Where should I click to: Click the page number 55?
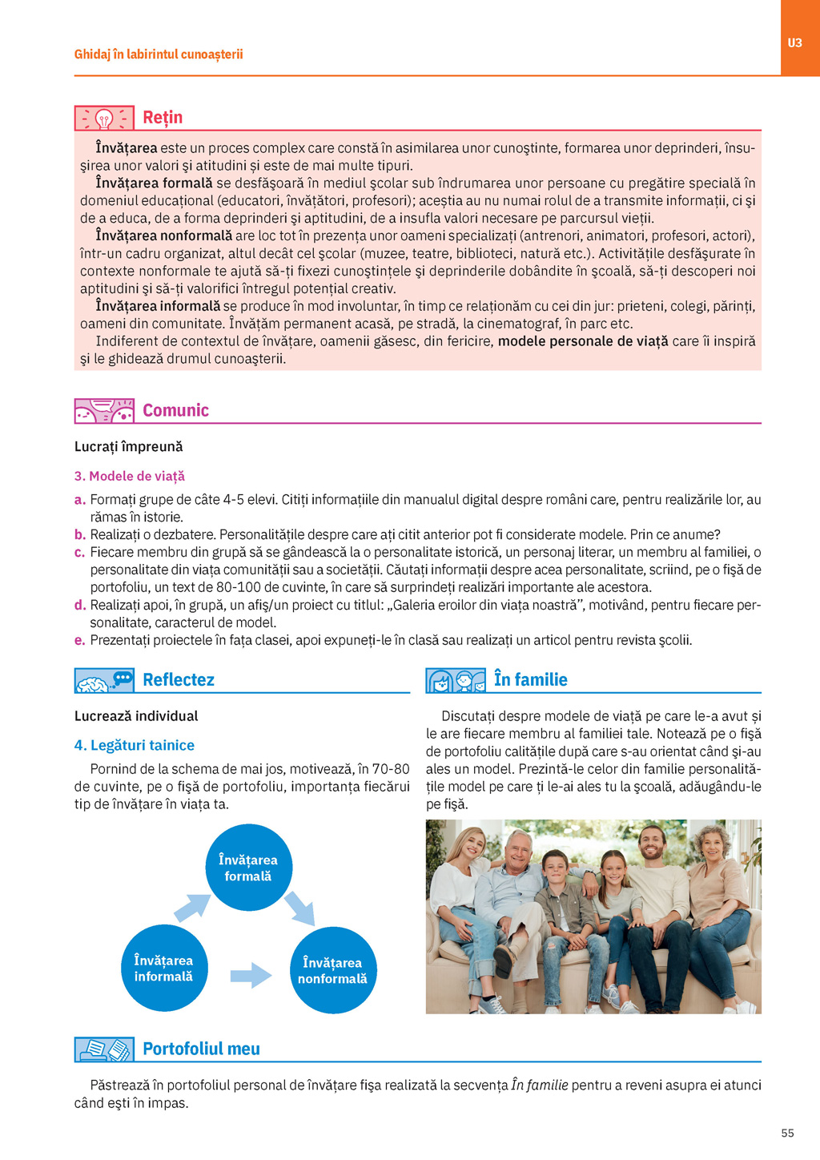787,1133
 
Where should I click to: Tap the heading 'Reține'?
163,118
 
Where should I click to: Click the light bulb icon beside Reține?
104,119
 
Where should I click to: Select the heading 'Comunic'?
175,411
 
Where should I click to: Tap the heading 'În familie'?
530,680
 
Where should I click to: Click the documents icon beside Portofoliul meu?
104,1049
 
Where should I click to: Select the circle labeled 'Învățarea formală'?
248,868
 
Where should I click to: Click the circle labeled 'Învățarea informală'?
164,968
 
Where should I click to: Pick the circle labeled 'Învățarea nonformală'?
332,970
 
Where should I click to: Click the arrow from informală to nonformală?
251,975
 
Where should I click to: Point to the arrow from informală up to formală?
192,908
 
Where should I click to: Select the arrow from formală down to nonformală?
299,908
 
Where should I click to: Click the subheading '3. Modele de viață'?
129,476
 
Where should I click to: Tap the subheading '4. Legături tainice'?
134,745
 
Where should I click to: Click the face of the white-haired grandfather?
518,851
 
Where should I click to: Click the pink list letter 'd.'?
79,606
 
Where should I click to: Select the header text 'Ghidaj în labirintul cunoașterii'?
159,54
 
